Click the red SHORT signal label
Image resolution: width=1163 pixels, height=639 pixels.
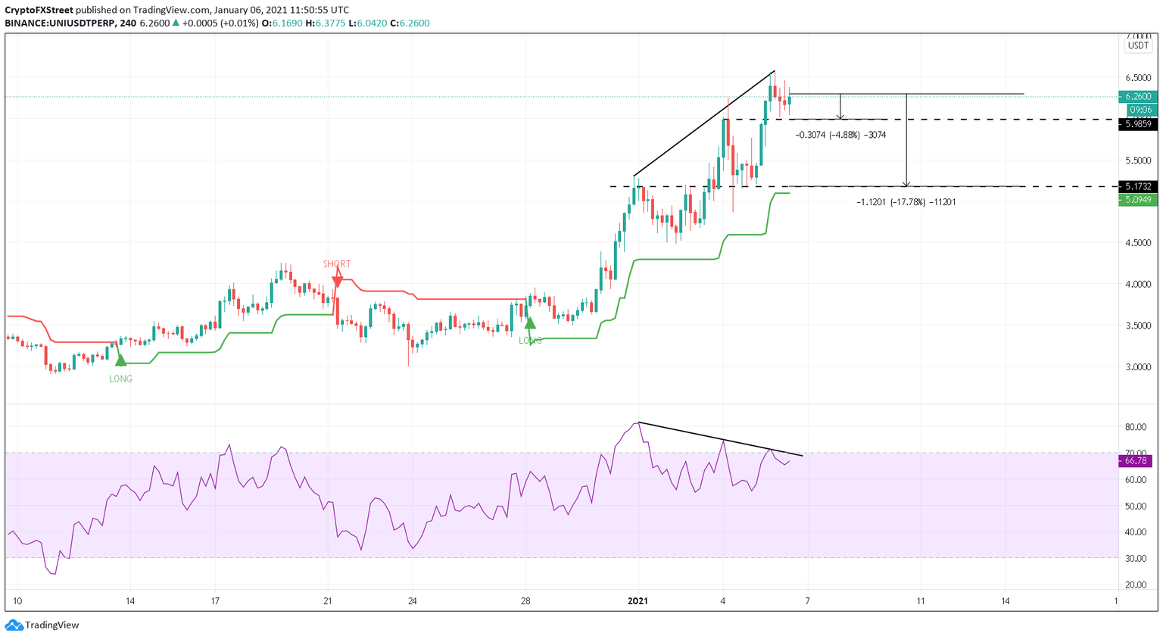click(x=337, y=264)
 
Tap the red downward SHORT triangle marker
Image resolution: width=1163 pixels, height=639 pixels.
click(x=337, y=280)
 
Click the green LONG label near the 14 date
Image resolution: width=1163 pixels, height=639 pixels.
click(x=120, y=379)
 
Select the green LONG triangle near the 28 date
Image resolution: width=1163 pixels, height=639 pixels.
click(x=530, y=323)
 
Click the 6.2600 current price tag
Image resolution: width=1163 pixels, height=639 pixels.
click(x=1137, y=97)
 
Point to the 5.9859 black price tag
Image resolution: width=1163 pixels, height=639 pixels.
click(x=1137, y=124)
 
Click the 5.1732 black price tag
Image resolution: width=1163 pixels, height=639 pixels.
click(x=1137, y=186)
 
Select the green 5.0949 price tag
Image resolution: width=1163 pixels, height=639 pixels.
click(x=1137, y=200)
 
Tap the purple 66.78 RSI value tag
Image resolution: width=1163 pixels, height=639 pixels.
click(x=1137, y=460)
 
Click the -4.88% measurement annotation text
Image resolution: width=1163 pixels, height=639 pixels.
click(x=840, y=135)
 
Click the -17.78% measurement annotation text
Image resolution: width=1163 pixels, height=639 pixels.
click(x=906, y=202)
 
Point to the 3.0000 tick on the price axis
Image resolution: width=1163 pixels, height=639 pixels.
click(x=1137, y=366)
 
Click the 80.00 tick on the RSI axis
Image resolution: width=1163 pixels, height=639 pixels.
click(x=1134, y=427)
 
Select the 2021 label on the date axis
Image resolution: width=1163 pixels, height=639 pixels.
click(x=639, y=601)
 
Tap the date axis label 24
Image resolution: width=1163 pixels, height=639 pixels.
click(x=412, y=601)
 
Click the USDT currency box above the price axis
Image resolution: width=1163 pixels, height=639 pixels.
click(x=1137, y=45)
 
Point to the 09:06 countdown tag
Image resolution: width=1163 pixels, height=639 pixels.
click(x=1140, y=110)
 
